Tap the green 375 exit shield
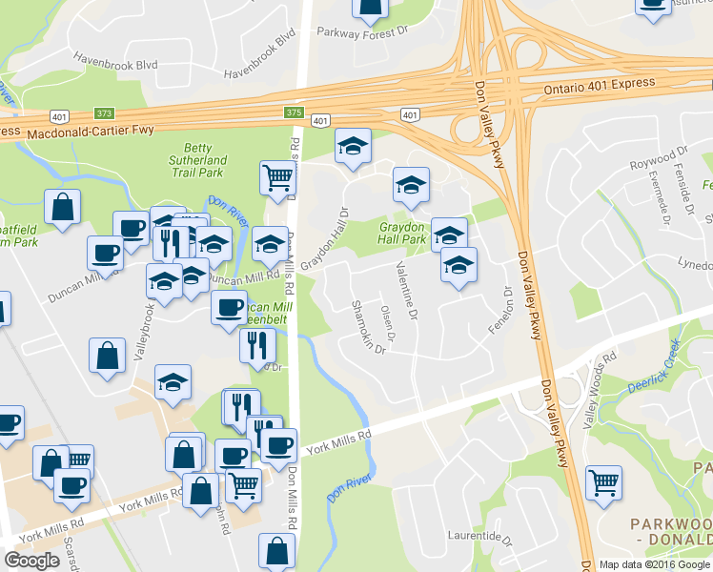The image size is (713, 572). coord(293,112)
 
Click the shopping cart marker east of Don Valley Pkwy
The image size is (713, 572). coord(602,483)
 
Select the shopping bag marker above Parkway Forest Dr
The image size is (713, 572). coord(369,8)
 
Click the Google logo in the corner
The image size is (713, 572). coord(31,561)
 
